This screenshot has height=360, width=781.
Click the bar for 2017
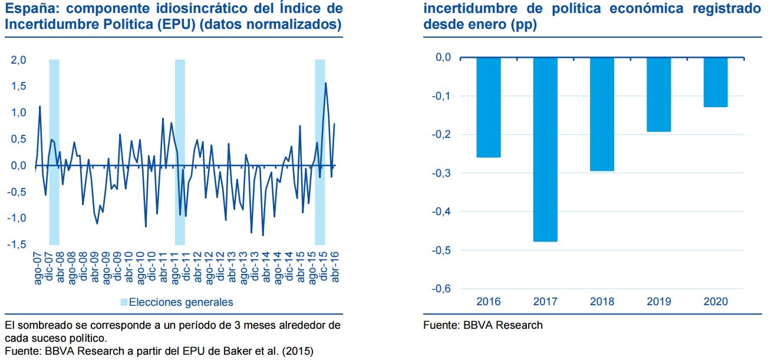point(545,150)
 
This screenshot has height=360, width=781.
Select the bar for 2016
point(489,107)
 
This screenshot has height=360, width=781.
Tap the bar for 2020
point(715,82)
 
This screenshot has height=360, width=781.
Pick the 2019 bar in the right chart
point(658,94)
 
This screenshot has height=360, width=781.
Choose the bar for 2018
point(602,114)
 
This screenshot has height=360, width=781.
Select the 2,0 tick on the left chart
point(18,60)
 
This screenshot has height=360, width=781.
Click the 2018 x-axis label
point(602,302)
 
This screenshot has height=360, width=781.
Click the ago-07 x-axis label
point(38,268)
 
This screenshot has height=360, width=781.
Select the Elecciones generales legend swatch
point(123,302)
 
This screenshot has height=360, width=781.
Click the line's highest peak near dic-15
point(326,83)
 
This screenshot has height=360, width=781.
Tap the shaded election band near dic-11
point(180,151)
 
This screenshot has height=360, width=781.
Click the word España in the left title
point(27,9)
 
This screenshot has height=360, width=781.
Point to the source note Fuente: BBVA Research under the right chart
point(483,325)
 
